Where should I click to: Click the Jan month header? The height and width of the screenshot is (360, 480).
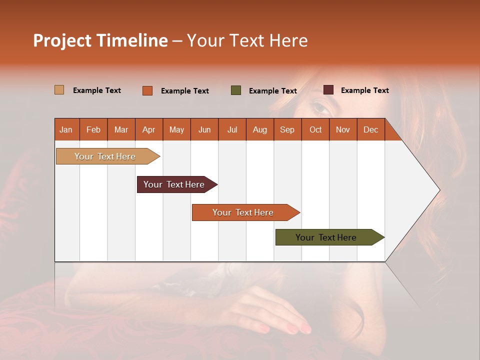click(x=66, y=129)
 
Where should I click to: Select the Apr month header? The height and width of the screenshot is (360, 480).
click(x=148, y=129)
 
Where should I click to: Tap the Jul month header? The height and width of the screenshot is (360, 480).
click(x=232, y=129)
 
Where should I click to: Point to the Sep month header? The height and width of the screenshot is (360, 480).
click(x=287, y=129)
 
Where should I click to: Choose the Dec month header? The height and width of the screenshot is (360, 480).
click(x=370, y=129)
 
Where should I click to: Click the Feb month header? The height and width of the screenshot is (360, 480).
click(x=93, y=129)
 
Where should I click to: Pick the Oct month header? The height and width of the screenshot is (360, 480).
click(x=315, y=129)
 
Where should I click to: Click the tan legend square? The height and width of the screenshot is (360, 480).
click(x=59, y=90)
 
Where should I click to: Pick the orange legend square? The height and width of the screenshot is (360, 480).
click(x=147, y=90)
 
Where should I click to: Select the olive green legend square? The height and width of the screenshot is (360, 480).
click(x=236, y=90)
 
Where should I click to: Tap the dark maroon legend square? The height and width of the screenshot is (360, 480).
click(x=328, y=90)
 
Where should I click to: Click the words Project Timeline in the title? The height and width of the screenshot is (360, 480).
click(x=100, y=40)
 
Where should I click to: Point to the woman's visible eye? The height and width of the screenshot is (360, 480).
click(x=318, y=107)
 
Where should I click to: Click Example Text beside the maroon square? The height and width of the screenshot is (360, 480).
click(x=364, y=90)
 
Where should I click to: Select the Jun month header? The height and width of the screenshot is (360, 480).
click(x=204, y=129)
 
